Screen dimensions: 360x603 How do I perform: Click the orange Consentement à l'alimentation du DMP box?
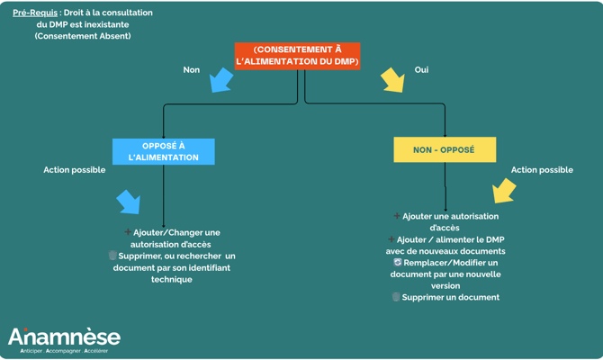pyautogui.click(x=297, y=56)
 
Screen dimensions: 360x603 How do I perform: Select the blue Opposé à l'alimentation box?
pyautogui.click(x=164, y=151)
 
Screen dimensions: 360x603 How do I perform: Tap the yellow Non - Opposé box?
pyautogui.click(x=444, y=149)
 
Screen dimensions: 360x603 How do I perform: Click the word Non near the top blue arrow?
pyautogui.click(x=192, y=69)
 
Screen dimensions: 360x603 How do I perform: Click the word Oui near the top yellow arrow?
pyautogui.click(x=421, y=69)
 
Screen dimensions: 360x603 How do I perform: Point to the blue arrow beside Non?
pyautogui.click(x=220, y=80)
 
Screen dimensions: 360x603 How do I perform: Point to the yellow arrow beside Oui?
pyautogui.click(x=392, y=80)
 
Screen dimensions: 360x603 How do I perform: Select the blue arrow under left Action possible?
pyautogui.click(x=129, y=202)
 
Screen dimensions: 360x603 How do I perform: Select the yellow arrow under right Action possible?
pyautogui.click(x=504, y=191)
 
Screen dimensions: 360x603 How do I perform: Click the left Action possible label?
pyautogui.click(x=75, y=170)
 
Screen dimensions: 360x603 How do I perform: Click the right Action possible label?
pyautogui.click(x=542, y=170)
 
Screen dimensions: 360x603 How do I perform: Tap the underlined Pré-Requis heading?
pyautogui.click(x=35, y=13)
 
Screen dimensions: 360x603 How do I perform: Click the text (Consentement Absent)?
pyautogui.click(x=83, y=36)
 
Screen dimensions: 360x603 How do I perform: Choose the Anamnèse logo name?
pyautogui.click(x=64, y=337)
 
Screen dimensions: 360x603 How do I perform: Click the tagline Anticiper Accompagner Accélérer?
pyautogui.click(x=58, y=351)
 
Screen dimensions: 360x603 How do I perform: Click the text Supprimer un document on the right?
pyautogui.click(x=450, y=297)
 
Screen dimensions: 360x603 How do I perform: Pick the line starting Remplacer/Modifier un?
pyautogui.click(x=450, y=263)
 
